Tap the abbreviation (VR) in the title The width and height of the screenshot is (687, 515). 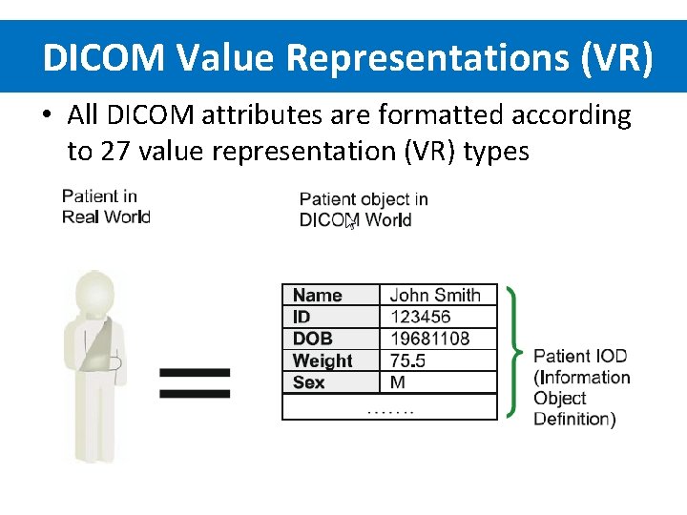[616, 58]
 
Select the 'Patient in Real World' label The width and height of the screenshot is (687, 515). [106, 206]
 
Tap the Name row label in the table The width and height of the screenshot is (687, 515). [317, 296]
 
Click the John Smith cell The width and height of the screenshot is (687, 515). [435, 296]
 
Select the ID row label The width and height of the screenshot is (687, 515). [302, 317]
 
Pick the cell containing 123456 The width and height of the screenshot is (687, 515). [420, 317]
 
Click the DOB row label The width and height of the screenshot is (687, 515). [313, 339]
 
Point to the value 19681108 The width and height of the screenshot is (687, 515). [429, 339]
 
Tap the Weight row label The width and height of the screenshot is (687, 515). [323, 360]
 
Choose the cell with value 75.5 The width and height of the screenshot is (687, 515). [408, 360]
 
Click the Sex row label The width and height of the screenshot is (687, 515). [309, 382]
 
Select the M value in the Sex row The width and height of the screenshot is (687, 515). [398, 382]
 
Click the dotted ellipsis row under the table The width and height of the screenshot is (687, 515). [390, 408]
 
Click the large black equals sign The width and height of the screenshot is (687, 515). [194, 383]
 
